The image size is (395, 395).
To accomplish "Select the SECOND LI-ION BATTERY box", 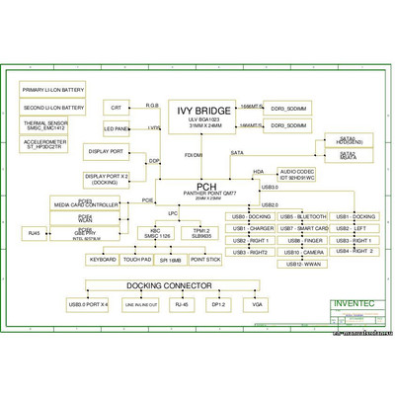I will point(53,107).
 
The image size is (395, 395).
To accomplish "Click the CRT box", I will point(117,107).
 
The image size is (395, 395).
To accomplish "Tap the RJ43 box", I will point(33,233).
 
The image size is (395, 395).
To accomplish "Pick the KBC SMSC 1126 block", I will point(157,234).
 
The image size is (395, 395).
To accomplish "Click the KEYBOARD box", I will point(103,260).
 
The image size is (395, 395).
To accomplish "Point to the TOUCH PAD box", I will point(137,260).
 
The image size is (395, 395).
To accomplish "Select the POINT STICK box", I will point(204,260).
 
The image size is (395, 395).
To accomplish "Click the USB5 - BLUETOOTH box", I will point(303,216).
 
